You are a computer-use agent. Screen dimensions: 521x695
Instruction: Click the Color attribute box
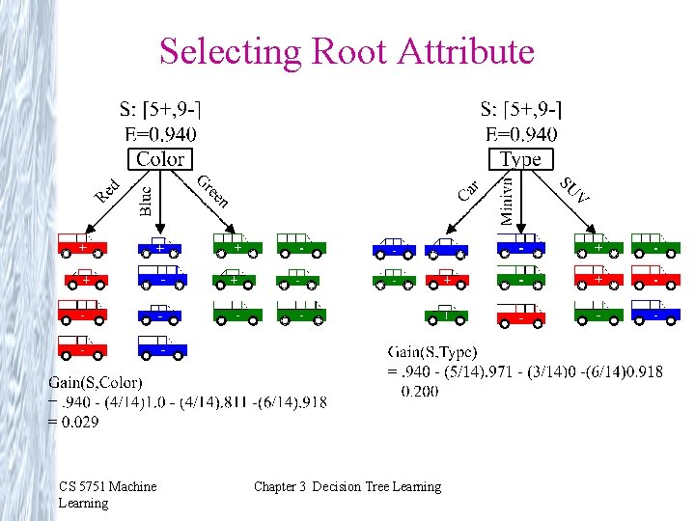click(x=160, y=159)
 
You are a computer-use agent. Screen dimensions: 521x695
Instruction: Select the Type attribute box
click(x=521, y=159)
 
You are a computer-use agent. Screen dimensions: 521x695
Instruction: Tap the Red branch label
click(x=107, y=190)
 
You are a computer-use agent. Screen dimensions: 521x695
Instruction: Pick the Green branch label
click(x=212, y=191)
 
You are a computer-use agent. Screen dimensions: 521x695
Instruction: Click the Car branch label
click(x=468, y=189)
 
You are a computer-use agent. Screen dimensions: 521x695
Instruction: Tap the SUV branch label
click(x=574, y=189)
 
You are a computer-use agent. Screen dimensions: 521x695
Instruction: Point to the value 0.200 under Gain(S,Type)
click(x=419, y=391)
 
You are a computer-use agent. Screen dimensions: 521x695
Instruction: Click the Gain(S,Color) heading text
click(x=96, y=384)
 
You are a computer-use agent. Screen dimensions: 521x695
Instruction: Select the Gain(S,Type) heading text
click(x=432, y=353)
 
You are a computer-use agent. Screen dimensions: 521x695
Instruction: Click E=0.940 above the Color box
click(x=160, y=134)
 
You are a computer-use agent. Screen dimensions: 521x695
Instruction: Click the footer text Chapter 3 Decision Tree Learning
click(x=347, y=486)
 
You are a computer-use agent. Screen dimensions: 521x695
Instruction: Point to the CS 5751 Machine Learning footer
click(x=106, y=494)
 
